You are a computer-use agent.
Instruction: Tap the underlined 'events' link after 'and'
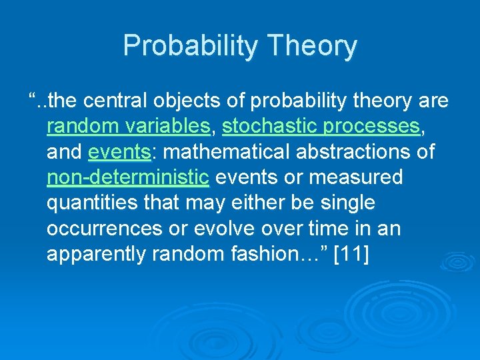coord(120,151)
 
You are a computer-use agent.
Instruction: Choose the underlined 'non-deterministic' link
coord(129,177)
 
